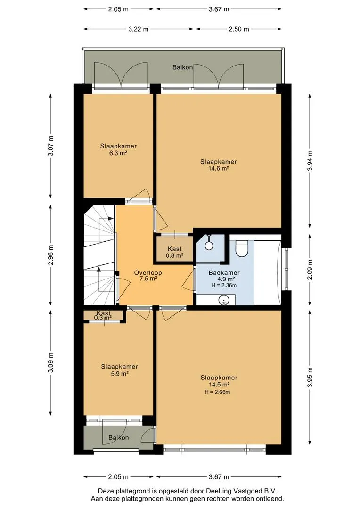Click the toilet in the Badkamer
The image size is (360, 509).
241,248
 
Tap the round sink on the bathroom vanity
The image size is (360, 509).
223,300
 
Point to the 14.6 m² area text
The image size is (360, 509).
219,168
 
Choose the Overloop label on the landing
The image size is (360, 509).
148,273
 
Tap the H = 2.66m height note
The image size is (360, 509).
217,392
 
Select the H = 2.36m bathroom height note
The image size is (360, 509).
224,286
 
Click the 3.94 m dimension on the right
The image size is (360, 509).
310,161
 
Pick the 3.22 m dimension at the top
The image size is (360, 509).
138,29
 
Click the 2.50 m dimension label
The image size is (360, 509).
238,29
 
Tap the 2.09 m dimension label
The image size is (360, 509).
310,270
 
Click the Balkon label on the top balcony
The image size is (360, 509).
182,67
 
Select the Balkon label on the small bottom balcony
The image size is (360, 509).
118,437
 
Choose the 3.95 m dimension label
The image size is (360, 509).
310,377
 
